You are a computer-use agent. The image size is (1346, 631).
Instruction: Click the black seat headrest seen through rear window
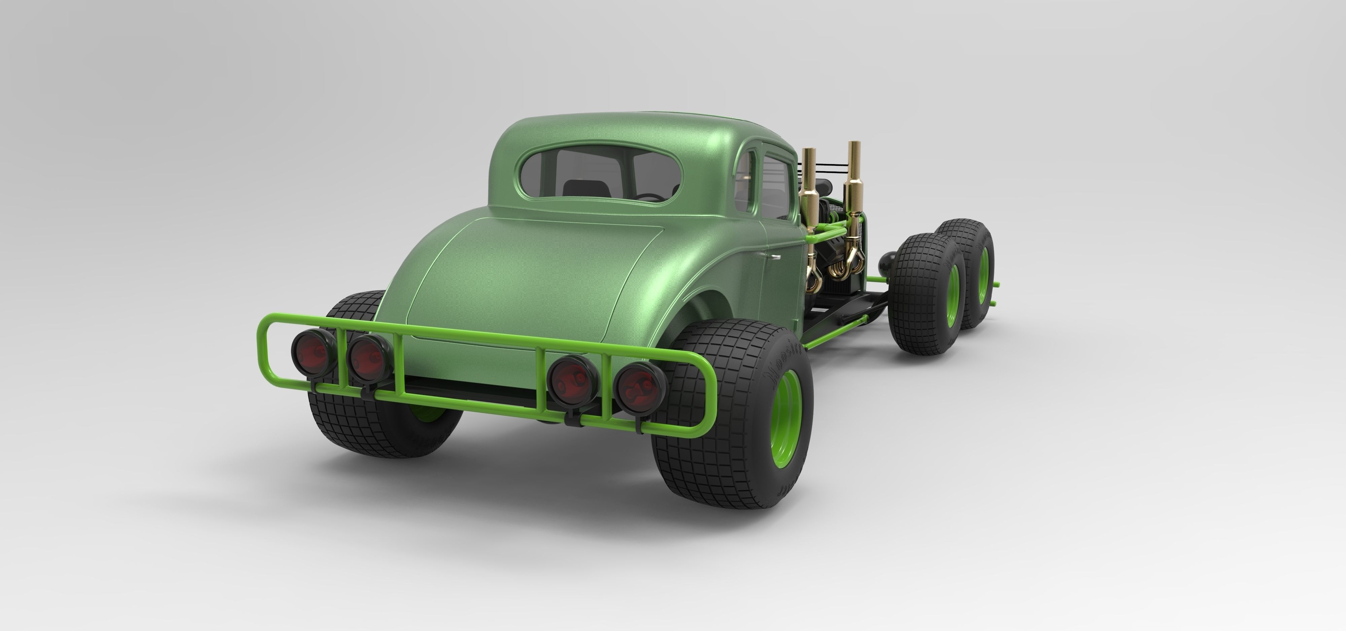pyautogui.click(x=582, y=188)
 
